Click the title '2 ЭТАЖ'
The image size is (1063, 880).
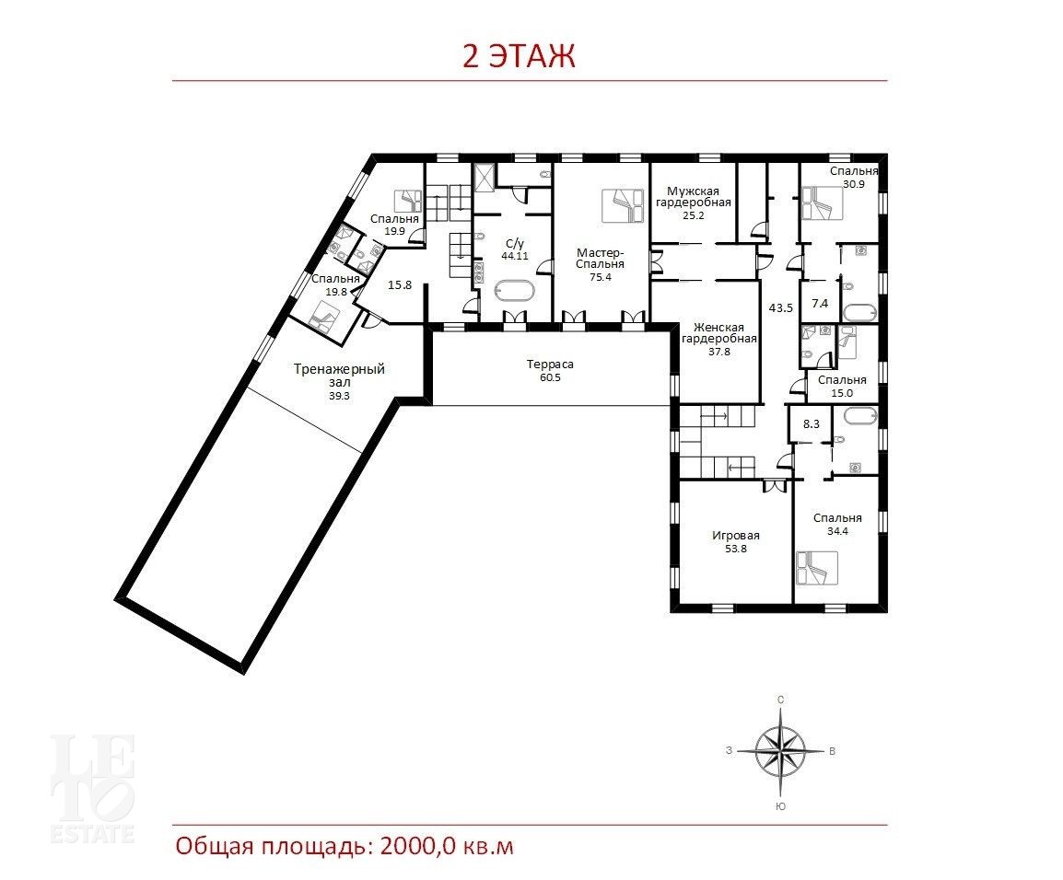pyautogui.click(x=519, y=56)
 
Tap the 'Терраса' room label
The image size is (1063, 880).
pyautogui.click(x=550, y=364)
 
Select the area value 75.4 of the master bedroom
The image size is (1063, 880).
pyautogui.click(x=600, y=277)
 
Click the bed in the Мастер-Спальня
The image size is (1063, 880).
pyautogui.click(x=623, y=205)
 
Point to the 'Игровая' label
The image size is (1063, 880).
pyautogui.click(x=736, y=535)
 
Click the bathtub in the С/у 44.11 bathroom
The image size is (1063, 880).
pyautogui.click(x=515, y=292)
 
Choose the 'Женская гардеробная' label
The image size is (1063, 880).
pyautogui.click(x=718, y=333)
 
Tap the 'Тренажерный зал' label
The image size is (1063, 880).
pyautogui.click(x=339, y=376)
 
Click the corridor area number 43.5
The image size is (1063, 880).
pyautogui.click(x=780, y=307)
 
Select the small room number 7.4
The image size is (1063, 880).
pyautogui.click(x=820, y=304)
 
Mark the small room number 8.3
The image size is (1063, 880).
pyautogui.click(x=811, y=424)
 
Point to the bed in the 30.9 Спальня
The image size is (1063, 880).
pyautogui.click(x=822, y=204)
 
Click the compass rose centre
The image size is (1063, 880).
pyautogui.click(x=781, y=750)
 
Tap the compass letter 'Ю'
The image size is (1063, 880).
pyautogui.click(x=780, y=806)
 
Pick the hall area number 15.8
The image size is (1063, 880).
pyautogui.click(x=399, y=285)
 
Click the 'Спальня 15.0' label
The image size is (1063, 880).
pyautogui.click(x=842, y=386)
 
